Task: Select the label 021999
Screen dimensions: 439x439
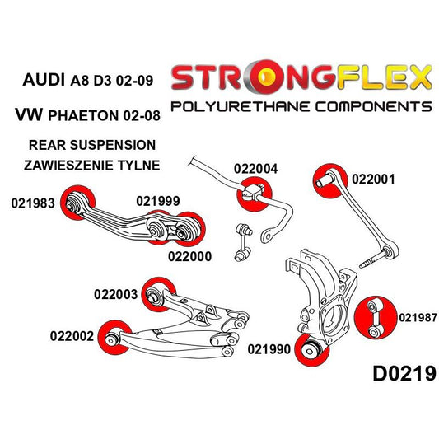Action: [x=158, y=201]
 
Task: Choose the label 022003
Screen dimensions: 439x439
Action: [x=118, y=291]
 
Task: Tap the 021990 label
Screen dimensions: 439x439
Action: [x=269, y=350]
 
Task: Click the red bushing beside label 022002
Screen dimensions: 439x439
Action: [x=110, y=338]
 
